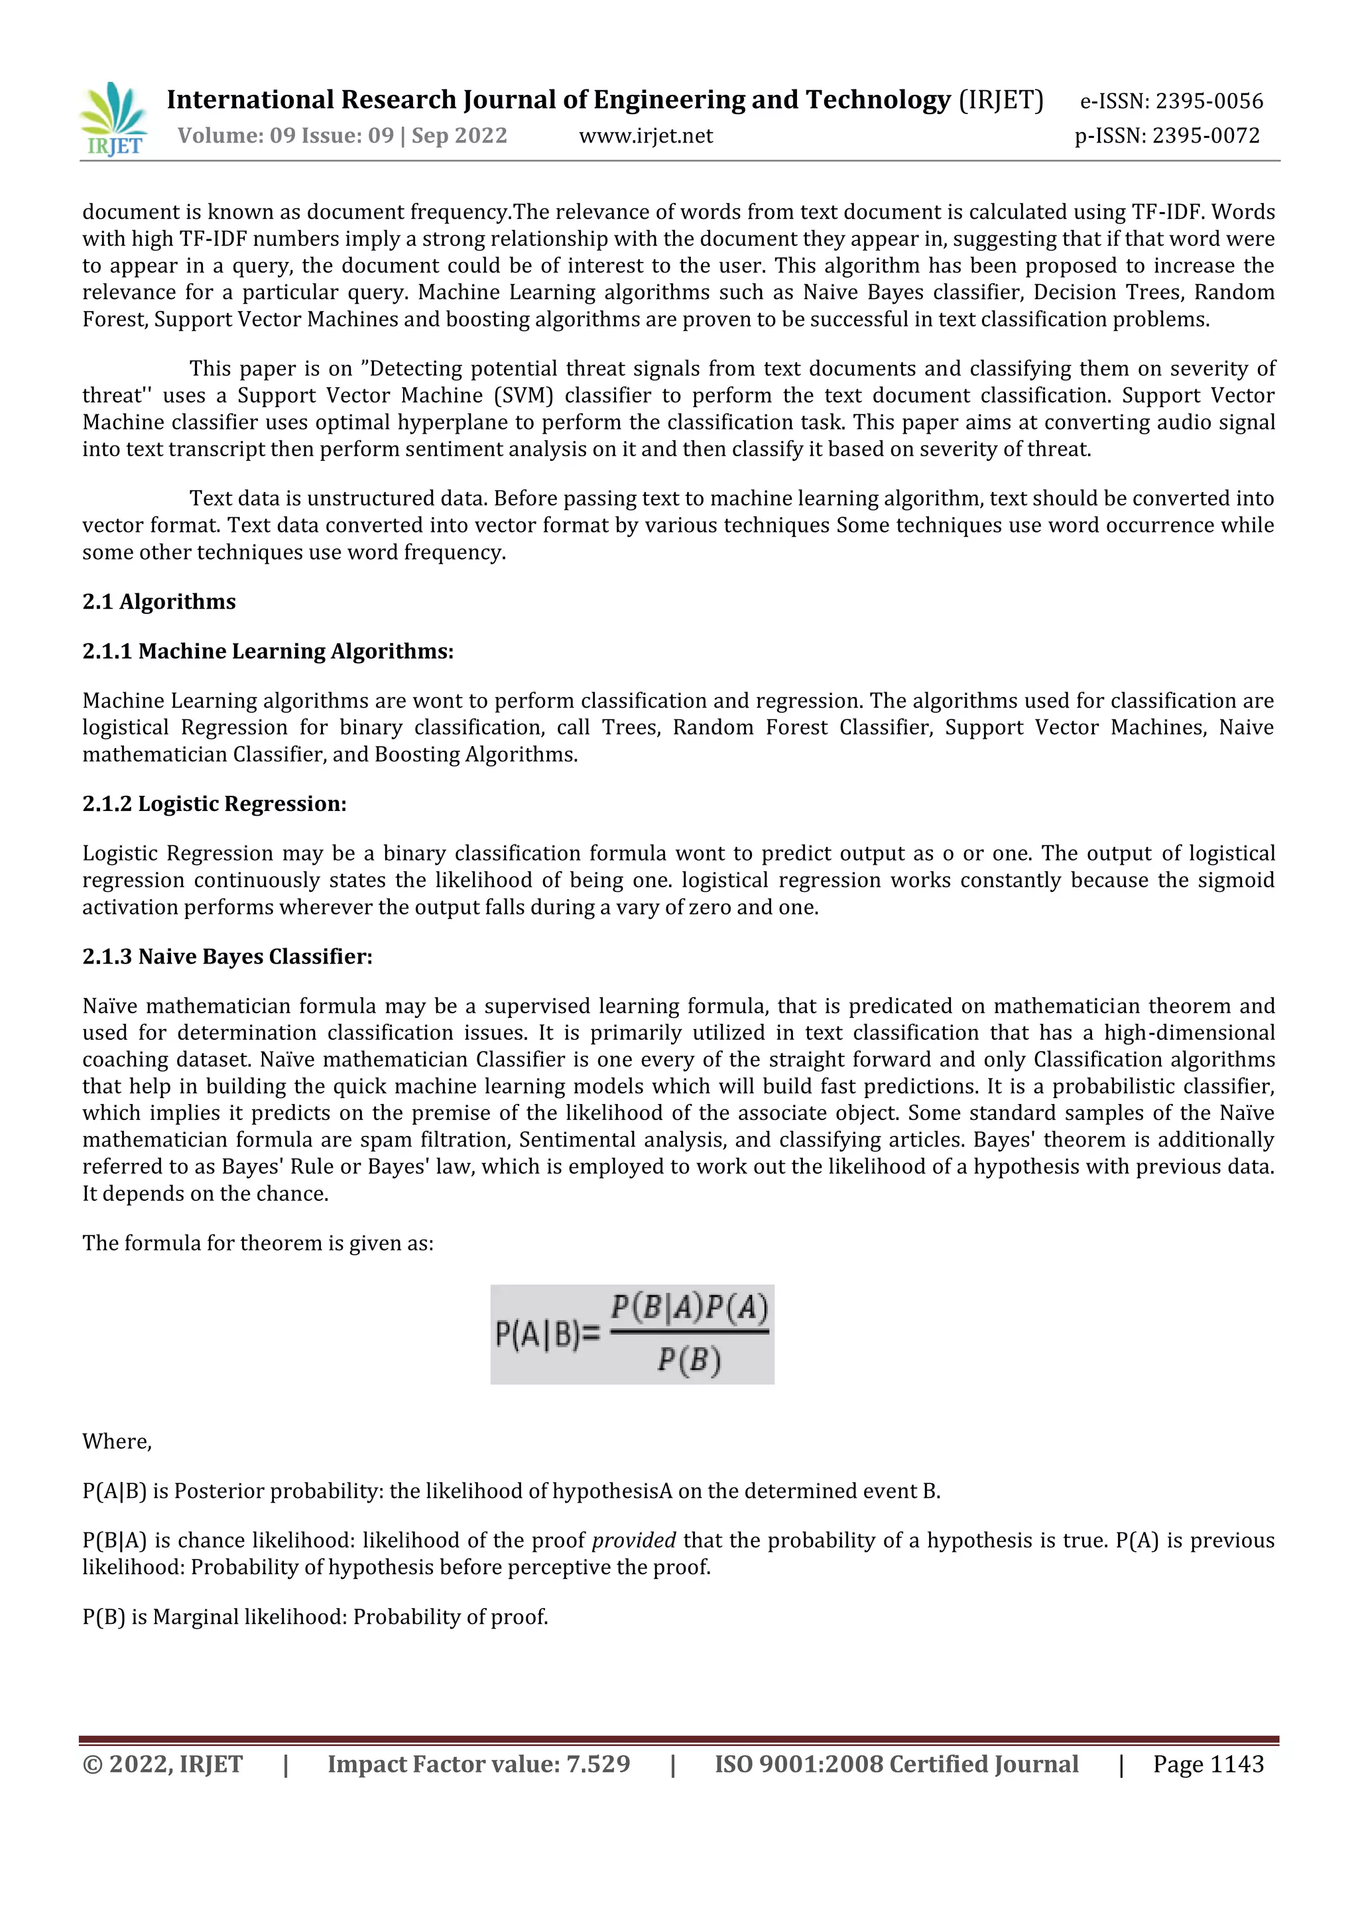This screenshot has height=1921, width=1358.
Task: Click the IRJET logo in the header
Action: [114, 119]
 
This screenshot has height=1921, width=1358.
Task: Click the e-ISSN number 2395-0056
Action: [1207, 101]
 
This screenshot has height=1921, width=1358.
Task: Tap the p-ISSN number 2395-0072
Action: [1205, 135]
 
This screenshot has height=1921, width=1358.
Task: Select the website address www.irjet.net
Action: [646, 135]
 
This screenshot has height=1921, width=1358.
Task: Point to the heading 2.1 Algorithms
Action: [159, 601]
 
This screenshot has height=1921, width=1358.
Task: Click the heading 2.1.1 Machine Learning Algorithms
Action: [268, 651]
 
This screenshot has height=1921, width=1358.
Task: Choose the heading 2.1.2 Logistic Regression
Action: [214, 804]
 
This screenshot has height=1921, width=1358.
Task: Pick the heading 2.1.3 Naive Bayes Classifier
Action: [227, 956]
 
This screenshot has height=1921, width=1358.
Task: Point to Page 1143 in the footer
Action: [1207, 1764]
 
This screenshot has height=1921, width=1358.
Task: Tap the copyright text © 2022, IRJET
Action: [162, 1764]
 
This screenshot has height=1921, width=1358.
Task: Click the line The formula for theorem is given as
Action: [258, 1243]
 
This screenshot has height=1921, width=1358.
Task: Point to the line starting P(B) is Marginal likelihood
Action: [314, 1617]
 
